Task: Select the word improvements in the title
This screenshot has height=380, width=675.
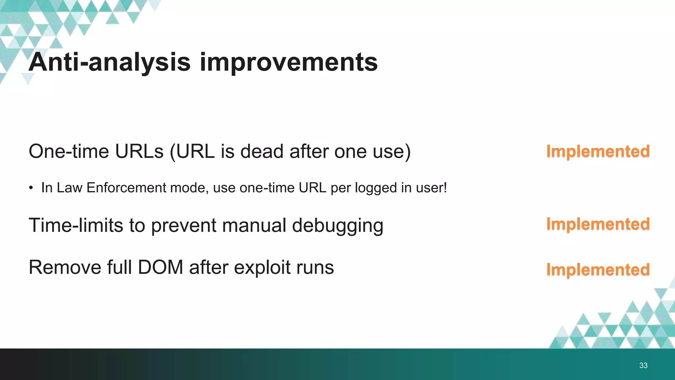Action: pyautogui.click(x=288, y=62)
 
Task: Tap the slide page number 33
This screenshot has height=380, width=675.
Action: pyautogui.click(x=643, y=365)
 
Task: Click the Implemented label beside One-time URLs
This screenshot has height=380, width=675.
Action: pyautogui.click(x=598, y=151)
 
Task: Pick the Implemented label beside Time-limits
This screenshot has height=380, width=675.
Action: pyautogui.click(x=598, y=224)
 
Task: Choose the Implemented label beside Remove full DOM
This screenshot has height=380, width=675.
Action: pyautogui.click(x=598, y=269)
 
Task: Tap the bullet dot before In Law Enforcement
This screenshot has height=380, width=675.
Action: pyautogui.click(x=31, y=188)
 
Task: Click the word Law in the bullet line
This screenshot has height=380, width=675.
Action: pyautogui.click(x=69, y=188)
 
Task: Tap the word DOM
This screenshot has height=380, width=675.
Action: pyautogui.click(x=160, y=267)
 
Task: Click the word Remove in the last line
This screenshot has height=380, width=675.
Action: pyautogui.click(x=65, y=267)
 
